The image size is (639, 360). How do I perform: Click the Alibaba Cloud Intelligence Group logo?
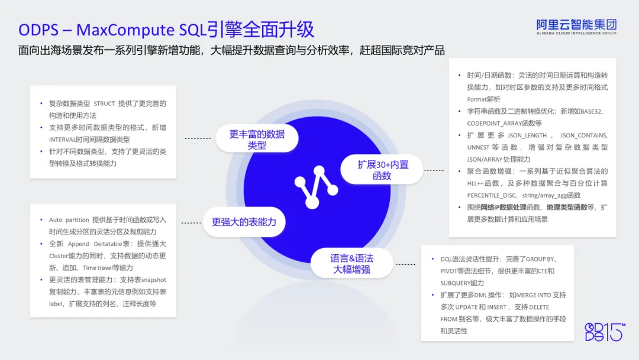tap(576, 27)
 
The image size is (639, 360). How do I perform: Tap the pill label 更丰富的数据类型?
tap(257, 139)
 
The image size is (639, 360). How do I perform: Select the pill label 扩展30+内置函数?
tap(382, 169)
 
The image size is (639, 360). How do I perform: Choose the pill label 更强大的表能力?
tap(244, 222)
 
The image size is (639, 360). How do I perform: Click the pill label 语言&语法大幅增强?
tap(351, 263)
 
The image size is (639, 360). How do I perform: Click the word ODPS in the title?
tap(38, 30)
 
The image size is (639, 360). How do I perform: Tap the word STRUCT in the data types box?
tap(104, 104)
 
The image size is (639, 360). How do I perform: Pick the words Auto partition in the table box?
tap(69, 220)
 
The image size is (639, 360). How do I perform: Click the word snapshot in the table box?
tap(154, 280)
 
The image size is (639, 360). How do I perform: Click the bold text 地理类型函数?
tap(567, 207)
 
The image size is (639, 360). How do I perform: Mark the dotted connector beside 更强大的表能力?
tap(191, 223)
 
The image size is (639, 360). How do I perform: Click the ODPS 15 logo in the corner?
tap(605, 332)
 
